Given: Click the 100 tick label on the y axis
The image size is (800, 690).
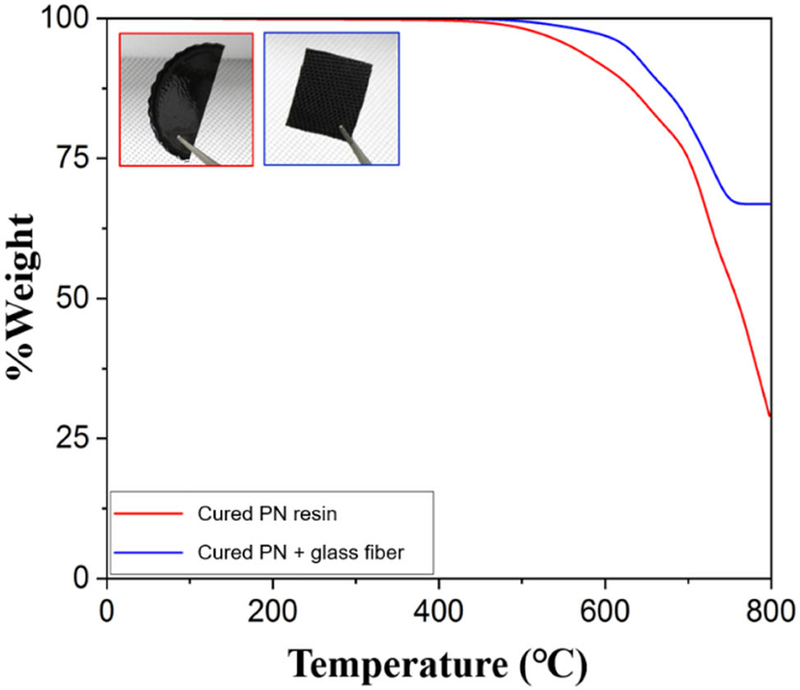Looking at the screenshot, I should pos(67,18).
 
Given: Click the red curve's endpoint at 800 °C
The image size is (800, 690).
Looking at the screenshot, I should pos(770,416).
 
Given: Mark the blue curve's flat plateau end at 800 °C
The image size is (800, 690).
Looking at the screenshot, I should pos(770,203).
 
